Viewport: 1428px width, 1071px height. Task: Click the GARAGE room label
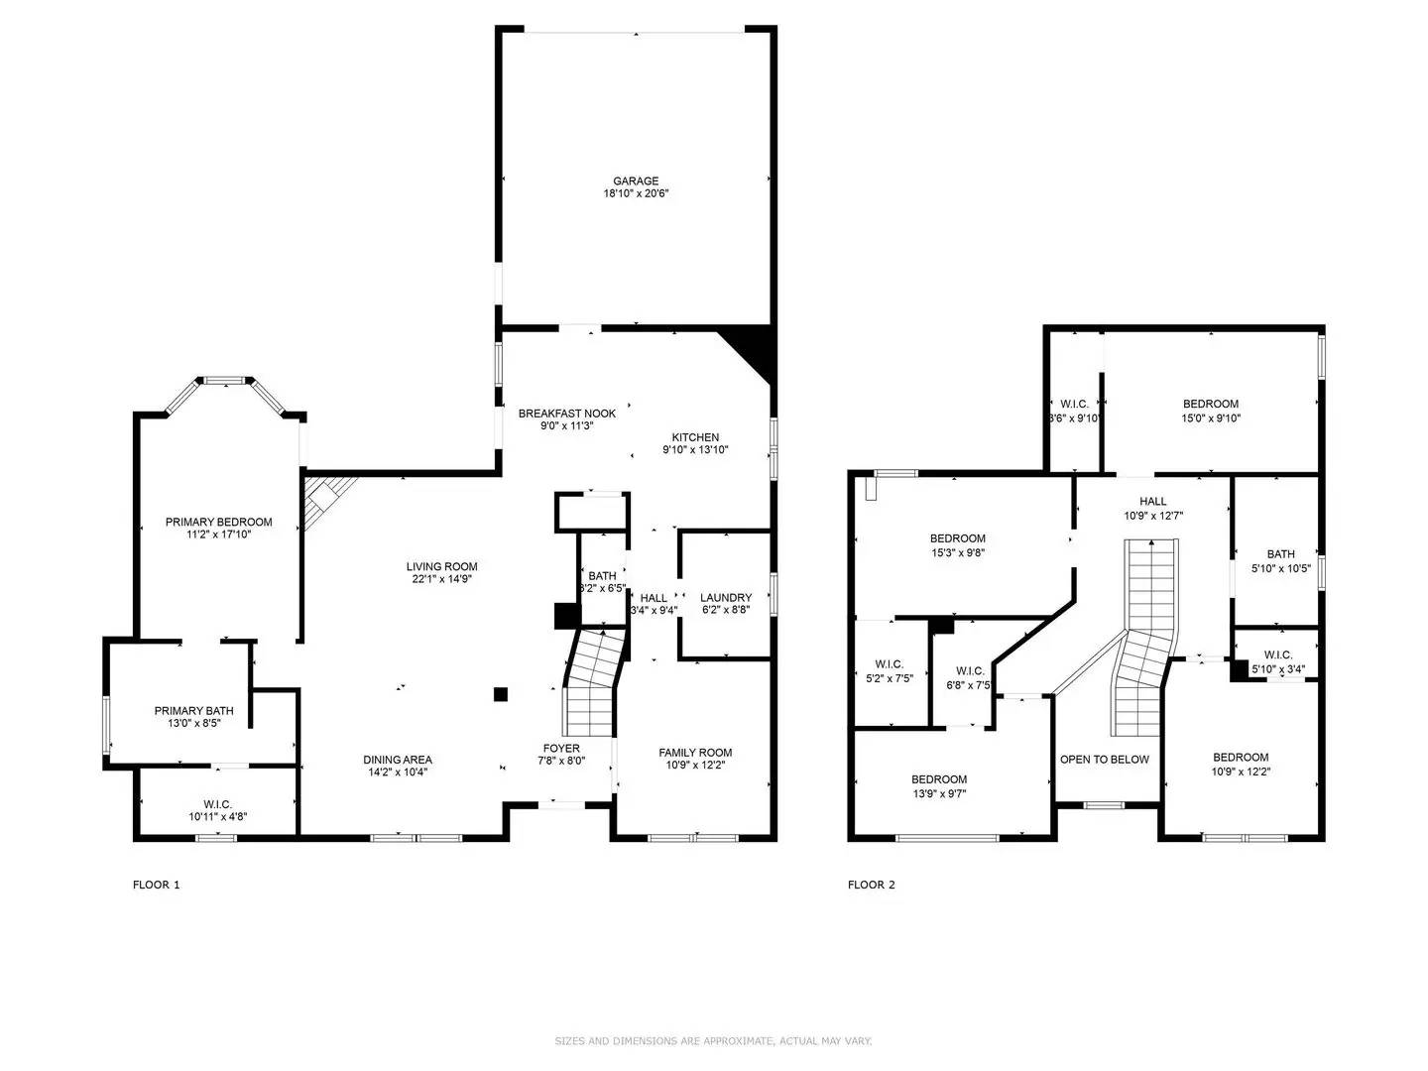(635, 180)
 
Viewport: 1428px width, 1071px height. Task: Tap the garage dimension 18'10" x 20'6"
(636, 194)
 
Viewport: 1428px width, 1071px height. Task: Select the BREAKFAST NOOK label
(566, 414)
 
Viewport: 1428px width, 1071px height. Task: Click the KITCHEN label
(695, 437)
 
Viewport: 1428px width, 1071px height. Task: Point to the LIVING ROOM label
(441, 566)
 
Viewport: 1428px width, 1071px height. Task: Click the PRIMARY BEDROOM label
(218, 522)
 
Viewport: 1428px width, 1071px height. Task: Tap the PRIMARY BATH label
(193, 710)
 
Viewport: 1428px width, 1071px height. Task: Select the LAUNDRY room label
(725, 597)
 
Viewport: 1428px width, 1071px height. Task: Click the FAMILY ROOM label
(695, 753)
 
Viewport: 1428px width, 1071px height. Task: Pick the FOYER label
(561, 748)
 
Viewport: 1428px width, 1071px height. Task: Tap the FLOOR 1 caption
(157, 885)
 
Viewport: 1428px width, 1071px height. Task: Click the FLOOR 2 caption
(871, 885)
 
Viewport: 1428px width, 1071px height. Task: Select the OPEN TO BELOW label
(1104, 760)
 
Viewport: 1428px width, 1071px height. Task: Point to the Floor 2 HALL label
(1152, 502)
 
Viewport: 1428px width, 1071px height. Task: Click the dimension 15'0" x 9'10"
(1211, 418)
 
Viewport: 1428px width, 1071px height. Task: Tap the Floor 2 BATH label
(1280, 554)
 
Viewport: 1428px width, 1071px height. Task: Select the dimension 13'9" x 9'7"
(939, 793)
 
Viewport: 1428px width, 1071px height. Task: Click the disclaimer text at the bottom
(713, 1040)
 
